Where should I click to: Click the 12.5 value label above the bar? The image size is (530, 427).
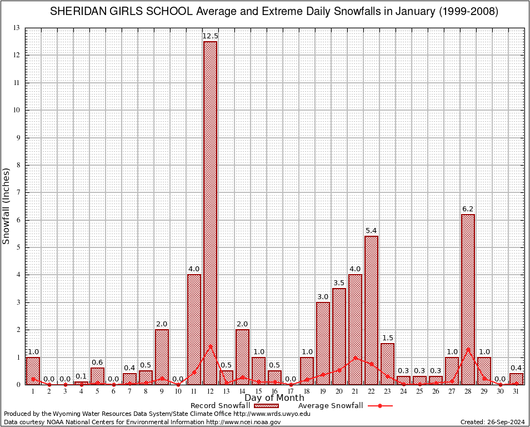[x=210, y=36]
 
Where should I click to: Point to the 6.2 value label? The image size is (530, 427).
[x=468, y=209]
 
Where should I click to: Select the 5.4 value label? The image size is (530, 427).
[x=371, y=231]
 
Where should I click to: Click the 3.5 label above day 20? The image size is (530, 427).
[x=339, y=283]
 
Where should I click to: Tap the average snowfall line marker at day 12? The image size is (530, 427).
[x=210, y=346]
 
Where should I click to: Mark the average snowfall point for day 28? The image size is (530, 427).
[x=468, y=350]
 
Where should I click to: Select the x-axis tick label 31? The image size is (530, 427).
[x=516, y=391]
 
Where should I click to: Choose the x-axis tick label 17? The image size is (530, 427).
[x=291, y=391]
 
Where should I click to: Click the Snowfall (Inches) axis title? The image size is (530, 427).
[x=7, y=206]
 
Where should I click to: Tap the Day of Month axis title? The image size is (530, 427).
[x=274, y=398]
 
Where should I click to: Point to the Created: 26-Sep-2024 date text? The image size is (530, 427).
[x=493, y=422]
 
